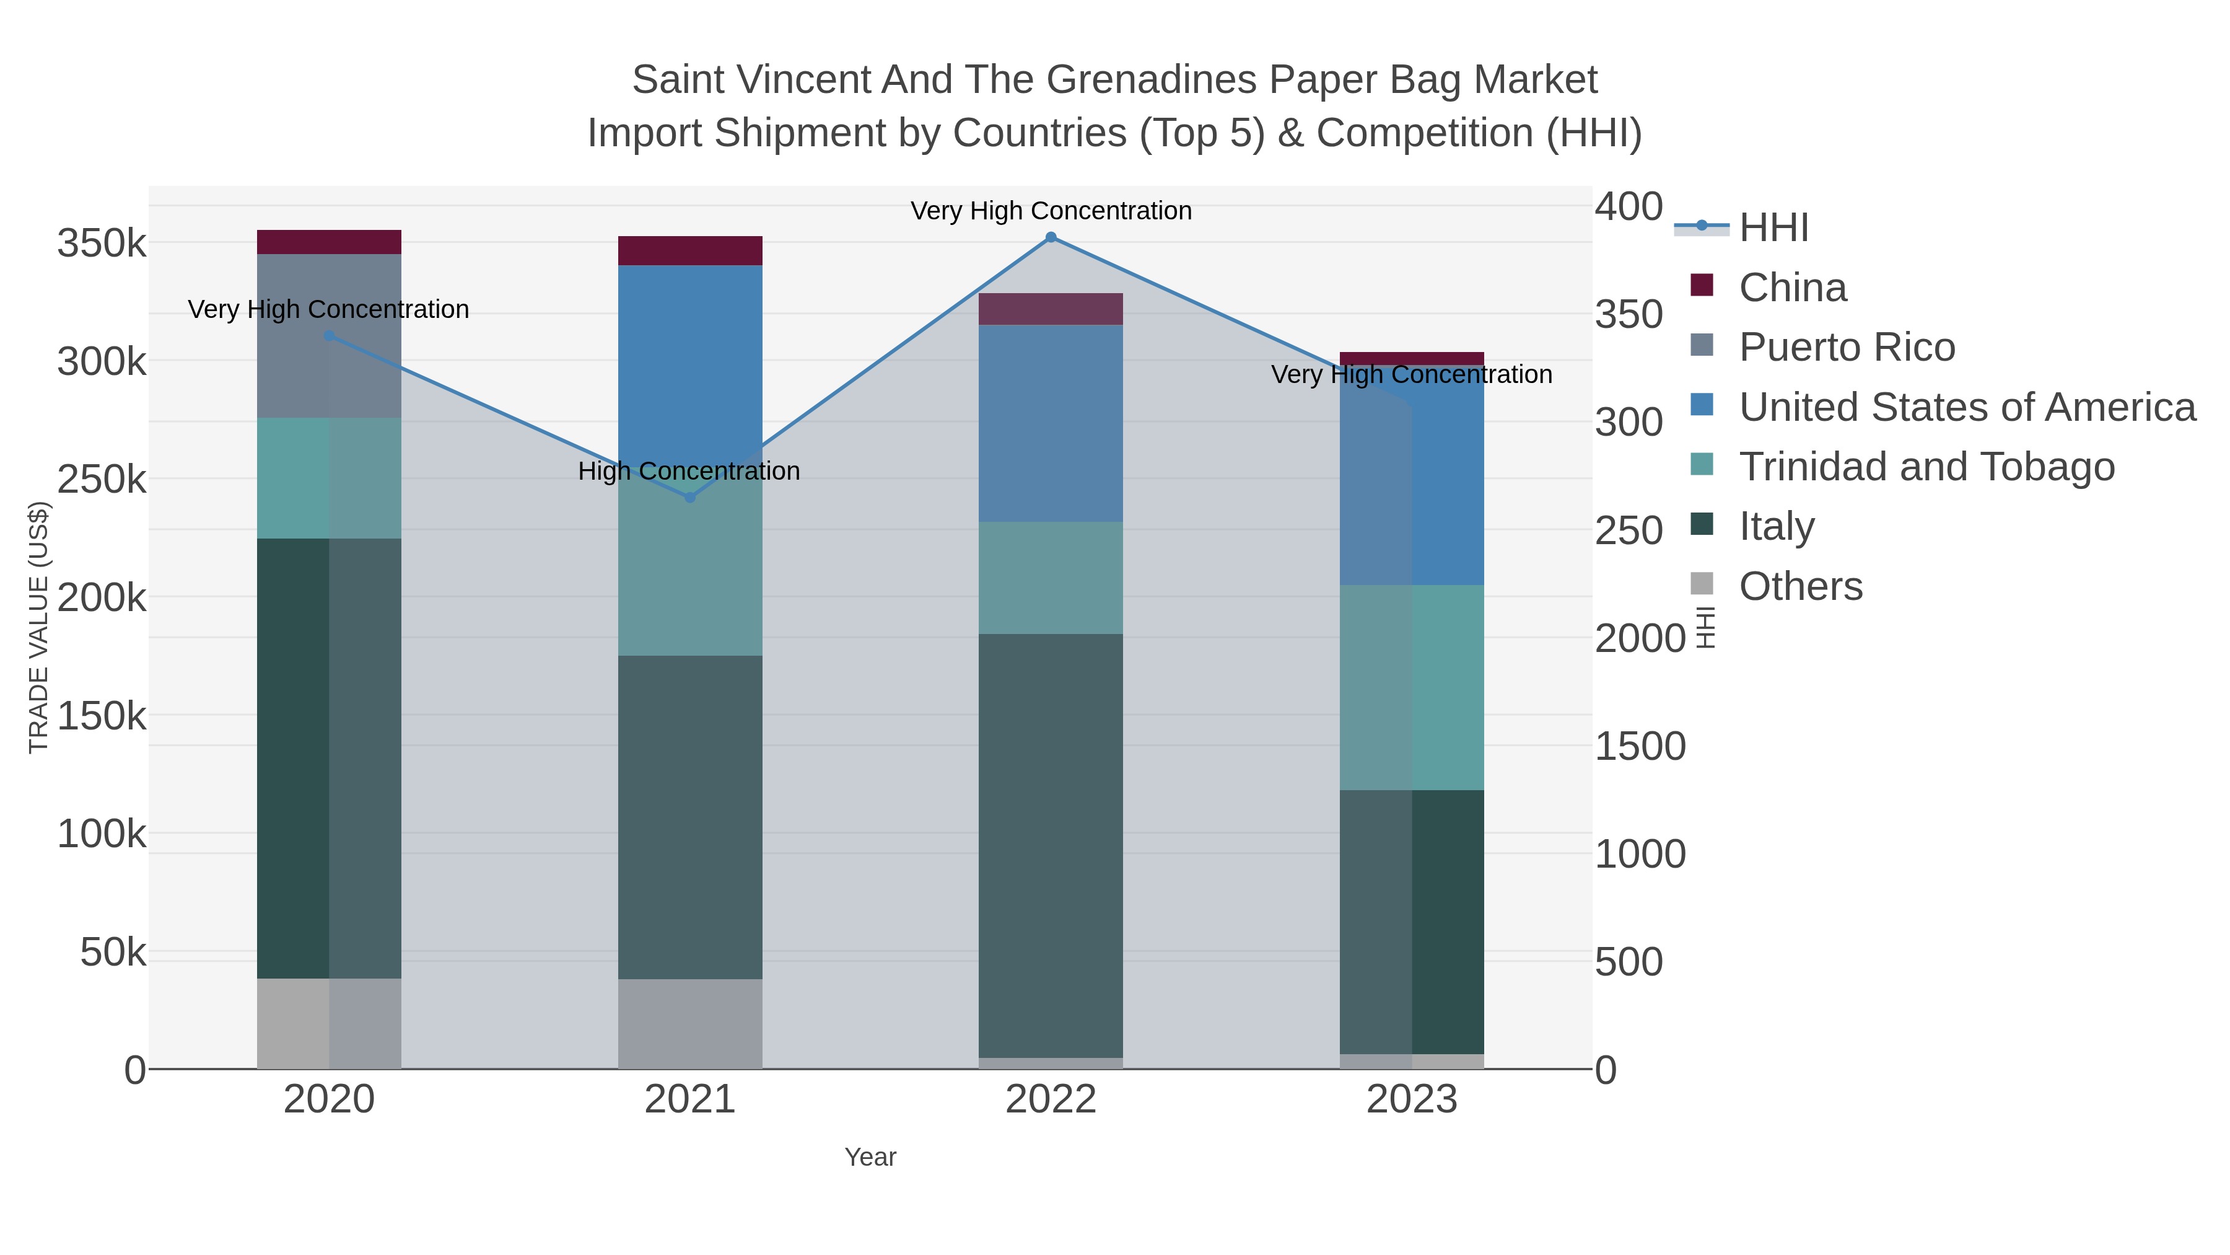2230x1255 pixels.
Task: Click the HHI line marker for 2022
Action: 1051,237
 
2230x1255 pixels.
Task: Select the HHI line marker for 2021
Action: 690,497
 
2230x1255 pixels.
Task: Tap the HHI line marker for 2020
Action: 329,336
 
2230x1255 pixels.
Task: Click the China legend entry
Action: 1792,288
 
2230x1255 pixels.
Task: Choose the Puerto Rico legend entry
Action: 1847,347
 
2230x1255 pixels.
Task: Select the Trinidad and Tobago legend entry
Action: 1926,467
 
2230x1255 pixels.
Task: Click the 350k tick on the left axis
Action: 102,244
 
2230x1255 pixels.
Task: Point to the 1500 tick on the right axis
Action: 1640,747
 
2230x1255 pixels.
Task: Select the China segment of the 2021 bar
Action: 690,250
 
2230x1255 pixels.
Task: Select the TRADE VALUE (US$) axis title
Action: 39,627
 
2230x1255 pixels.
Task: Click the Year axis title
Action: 870,1157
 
